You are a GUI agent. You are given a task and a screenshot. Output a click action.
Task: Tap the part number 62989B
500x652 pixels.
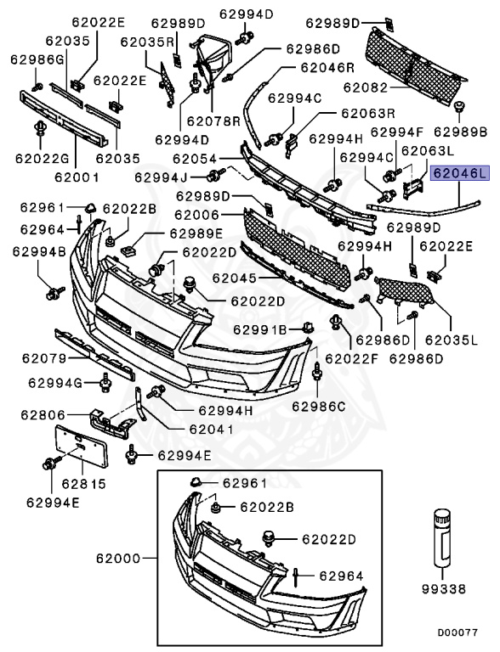(460, 132)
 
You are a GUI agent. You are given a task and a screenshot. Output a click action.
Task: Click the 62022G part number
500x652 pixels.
(40, 157)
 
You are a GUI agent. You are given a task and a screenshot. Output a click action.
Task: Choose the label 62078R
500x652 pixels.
(214, 121)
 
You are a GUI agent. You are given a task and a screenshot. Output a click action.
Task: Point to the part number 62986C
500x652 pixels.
(319, 405)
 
